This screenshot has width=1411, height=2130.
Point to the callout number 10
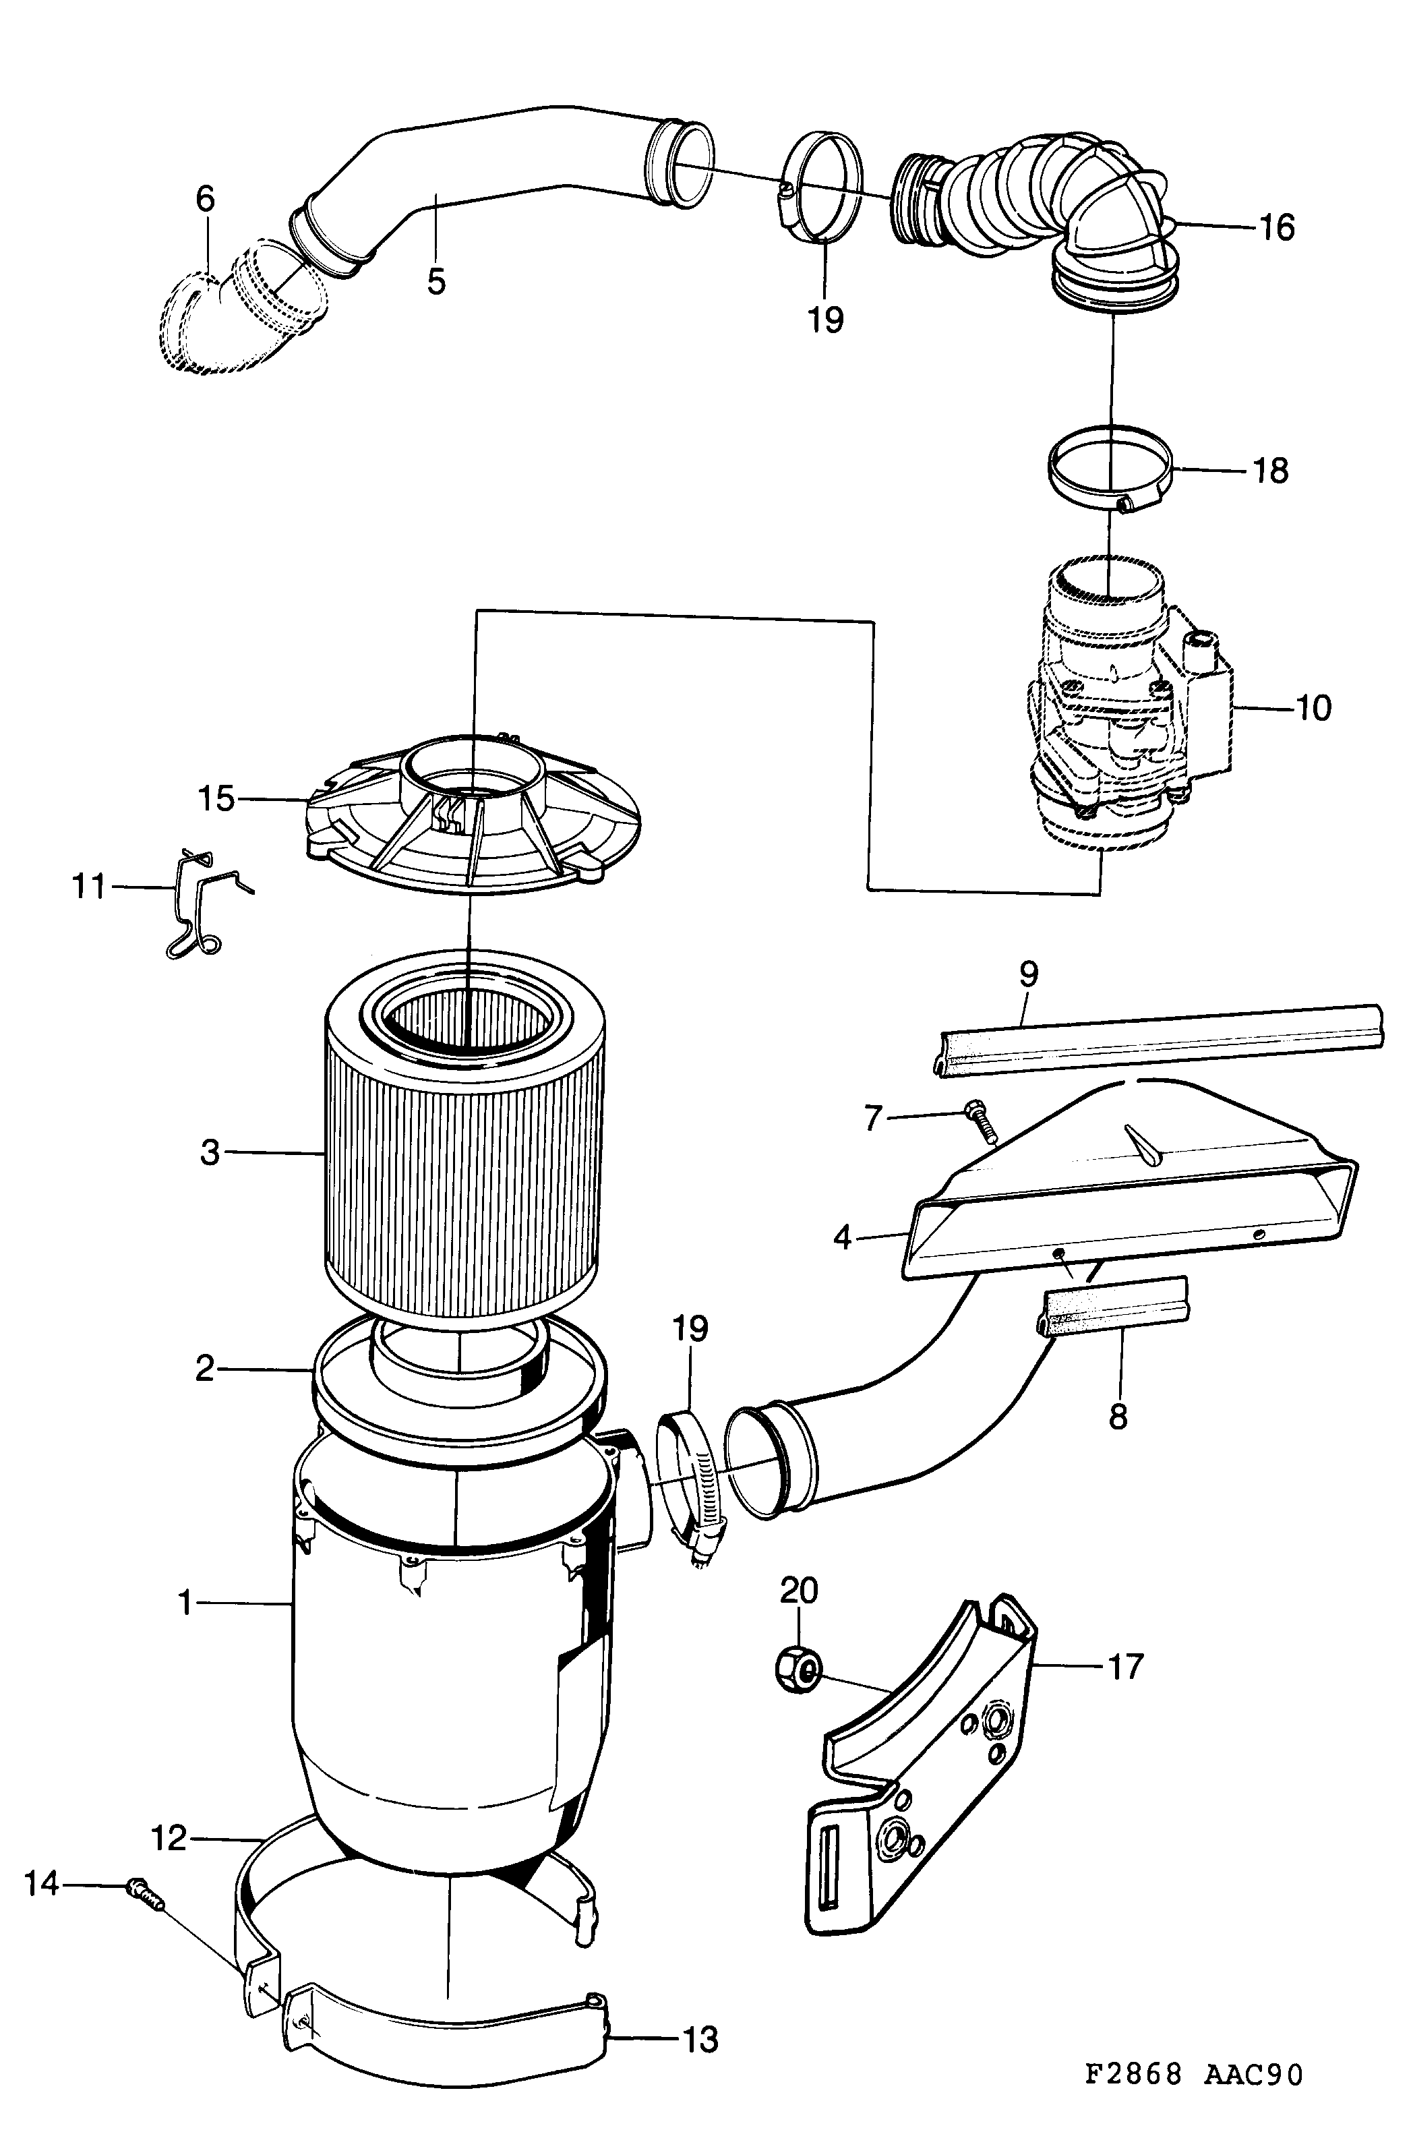1314,708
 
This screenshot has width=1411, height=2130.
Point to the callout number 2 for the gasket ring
205,1369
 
